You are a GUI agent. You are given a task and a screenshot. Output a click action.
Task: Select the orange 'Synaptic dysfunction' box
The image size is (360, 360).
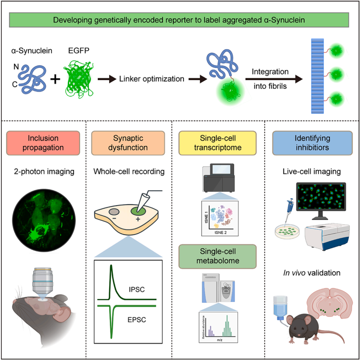(128, 143)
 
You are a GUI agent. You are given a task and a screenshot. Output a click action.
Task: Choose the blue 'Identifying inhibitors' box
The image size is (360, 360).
(311, 143)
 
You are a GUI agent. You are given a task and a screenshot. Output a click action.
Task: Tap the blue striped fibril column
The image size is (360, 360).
(318, 76)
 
